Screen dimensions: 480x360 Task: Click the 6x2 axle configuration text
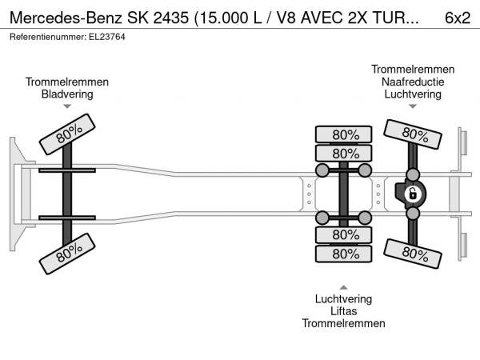point(458,18)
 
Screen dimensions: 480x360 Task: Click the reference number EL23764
point(107,37)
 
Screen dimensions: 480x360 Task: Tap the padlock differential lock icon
point(412,194)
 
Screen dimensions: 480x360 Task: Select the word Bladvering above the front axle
point(67,94)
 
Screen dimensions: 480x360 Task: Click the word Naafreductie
point(413,82)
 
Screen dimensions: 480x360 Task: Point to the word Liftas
point(343,311)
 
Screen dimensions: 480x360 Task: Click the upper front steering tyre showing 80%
point(67,134)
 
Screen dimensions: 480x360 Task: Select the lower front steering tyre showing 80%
point(67,254)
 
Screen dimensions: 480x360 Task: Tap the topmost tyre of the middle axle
point(343,134)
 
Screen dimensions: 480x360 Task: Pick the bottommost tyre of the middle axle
point(343,254)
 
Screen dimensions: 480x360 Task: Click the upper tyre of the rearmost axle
point(413,134)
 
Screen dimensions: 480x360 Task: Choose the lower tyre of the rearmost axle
point(413,254)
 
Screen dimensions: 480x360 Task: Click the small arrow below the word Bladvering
point(67,106)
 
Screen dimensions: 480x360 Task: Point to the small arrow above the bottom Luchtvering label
point(343,287)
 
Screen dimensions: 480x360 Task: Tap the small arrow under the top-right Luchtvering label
point(413,106)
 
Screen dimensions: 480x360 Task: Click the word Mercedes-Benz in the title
point(66,18)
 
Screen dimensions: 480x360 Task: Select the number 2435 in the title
point(171,18)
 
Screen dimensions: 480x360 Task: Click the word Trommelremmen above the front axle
point(67,82)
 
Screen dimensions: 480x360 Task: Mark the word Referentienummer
point(48,37)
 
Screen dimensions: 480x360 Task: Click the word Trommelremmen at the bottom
point(343,323)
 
